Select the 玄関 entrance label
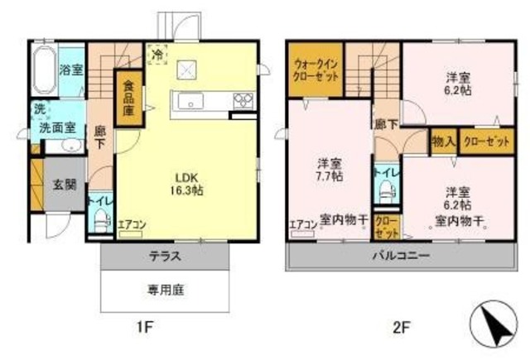pyautogui.click(x=65, y=184)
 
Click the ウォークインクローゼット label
pyautogui.click(x=316, y=69)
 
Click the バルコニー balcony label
pyautogui.click(x=400, y=256)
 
